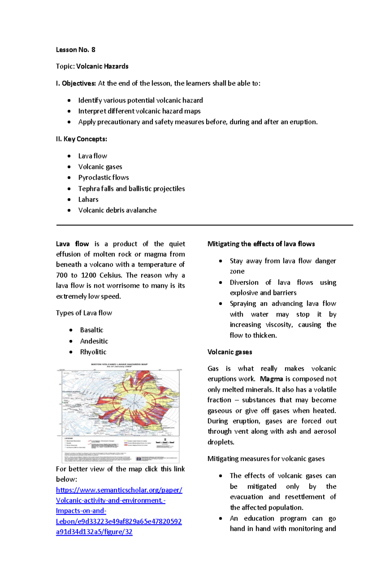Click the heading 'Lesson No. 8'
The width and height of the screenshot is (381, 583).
76,50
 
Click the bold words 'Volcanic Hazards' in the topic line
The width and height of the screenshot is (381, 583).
102,66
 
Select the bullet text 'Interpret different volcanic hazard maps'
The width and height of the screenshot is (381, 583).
139,111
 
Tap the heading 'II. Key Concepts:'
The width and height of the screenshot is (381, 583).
81,139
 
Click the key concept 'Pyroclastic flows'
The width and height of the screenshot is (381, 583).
104,178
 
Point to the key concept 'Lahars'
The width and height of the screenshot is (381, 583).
88,200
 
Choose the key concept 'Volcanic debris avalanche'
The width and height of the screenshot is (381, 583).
117,210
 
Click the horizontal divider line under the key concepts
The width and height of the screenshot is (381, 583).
204,225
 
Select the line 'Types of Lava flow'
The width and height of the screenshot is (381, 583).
84,313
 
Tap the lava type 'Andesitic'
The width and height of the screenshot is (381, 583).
94,341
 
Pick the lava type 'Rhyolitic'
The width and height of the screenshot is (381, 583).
93,352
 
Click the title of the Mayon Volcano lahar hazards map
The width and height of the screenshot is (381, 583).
119,364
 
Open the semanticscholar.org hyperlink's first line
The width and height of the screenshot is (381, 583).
119,490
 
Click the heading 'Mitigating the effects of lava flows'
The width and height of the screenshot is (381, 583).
261,244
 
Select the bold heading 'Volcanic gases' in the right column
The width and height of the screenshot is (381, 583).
230,352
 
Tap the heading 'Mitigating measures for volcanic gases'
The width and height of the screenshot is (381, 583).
266,459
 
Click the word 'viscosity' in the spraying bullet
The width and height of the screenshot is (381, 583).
278,325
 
